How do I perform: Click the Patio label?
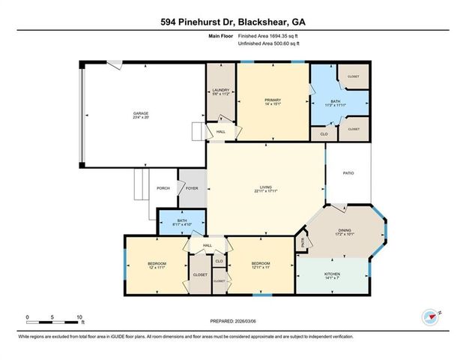(x=348, y=174)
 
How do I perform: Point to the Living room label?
(x=265, y=187)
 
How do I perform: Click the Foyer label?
(x=193, y=188)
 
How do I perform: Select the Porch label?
(x=163, y=188)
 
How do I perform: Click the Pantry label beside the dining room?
(x=303, y=242)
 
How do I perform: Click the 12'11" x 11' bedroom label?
(x=260, y=265)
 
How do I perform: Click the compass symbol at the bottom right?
(x=429, y=316)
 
